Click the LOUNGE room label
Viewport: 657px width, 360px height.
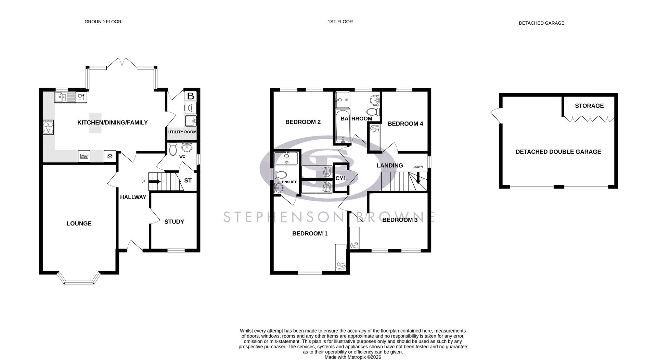click(x=79, y=223)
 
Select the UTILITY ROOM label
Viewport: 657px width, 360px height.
click(x=182, y=132)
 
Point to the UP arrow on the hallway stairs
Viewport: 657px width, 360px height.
click(x=154, y=182)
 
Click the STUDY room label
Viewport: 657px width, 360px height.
click(x=174, y=222)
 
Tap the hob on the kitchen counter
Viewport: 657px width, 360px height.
click(x=48, y=127)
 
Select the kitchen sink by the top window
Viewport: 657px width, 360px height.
click(x=65, y=98)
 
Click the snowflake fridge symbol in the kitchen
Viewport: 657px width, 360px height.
click(x=110, y=156)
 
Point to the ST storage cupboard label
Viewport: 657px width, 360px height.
click(x=188, y=180)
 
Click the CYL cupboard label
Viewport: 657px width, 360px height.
click(x=341, y=178)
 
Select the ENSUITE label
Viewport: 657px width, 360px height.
click(x=289, y=182)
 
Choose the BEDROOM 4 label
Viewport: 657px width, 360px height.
click(x=405, y=124)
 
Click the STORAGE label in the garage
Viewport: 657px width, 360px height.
click(x=589, y=106)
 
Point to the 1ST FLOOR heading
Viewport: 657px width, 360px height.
click(x=340, y=22)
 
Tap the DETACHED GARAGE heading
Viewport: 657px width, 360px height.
click(x=541, y=23)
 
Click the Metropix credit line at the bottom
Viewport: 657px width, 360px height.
click(x=352, y=357)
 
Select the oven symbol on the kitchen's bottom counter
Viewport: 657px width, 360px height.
click(x=84, y=156)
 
